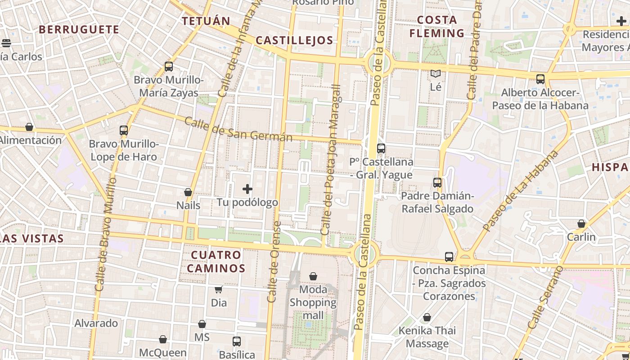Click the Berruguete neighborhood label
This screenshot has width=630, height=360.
tap(79, 30)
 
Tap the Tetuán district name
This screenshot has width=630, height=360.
tap(206, 21)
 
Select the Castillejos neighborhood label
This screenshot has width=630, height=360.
tap(294, 40)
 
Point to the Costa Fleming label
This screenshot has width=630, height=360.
tap(436, 27)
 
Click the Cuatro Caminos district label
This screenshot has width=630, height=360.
tap(216, 261)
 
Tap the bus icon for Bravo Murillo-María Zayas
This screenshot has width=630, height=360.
tap(169, 67)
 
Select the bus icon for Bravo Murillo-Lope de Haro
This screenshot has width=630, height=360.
tap(124, 130)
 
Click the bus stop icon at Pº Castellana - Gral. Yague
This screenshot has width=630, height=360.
tap(381, 148)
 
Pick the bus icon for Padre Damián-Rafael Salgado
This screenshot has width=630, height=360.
tap(437, 183)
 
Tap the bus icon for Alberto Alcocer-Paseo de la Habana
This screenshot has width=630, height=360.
tap(540, 79)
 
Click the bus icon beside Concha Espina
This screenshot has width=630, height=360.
tap(449, 257)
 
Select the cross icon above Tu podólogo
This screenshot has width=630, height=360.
tap(247, 189)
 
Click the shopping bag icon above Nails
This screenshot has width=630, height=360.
tap(188, 192)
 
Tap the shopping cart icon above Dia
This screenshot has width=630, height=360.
tap(219, 289)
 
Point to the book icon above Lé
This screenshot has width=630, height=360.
tap(435, 73)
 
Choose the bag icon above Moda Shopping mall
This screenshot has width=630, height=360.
tap(313, 276)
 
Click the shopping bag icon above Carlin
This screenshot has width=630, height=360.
tap(581, 224)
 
